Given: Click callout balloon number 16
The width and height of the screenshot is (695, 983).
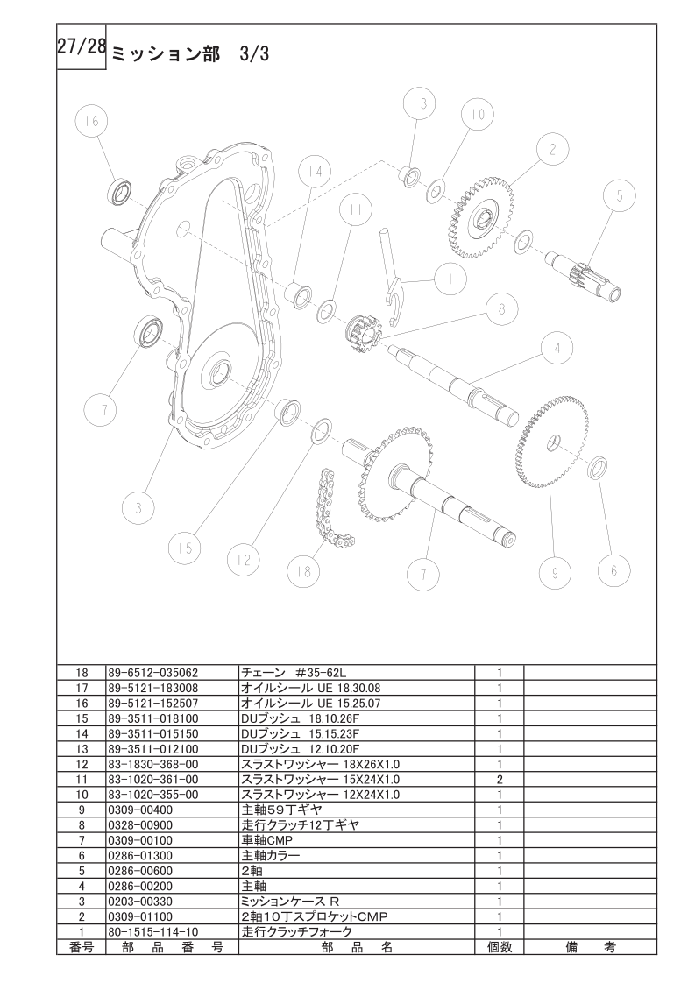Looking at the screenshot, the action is click(x=92, y=121).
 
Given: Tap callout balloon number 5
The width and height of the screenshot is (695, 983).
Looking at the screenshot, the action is click(x=619, y=195).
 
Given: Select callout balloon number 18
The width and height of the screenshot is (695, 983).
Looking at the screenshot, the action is click(x=303, y=571).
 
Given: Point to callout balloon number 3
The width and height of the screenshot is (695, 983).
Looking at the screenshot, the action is click(x=138, y=508).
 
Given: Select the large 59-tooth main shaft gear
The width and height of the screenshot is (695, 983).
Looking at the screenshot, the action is click(x=553, y=442).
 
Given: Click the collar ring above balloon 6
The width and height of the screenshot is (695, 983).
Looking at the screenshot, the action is click(x=599, y=467).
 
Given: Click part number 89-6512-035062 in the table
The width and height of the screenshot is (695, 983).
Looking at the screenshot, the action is click(x=153, y=674).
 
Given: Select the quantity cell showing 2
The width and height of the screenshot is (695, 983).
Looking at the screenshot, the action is click(x=500, y=780).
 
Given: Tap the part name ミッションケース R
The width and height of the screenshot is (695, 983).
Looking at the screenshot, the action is click(x=290, y=902).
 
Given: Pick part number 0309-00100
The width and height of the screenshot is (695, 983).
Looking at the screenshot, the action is click(x=140, y=841).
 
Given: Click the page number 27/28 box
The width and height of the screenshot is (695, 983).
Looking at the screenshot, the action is click(x=82, y=47).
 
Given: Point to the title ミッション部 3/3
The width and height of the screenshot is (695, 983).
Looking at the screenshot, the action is click(x=190, y=54).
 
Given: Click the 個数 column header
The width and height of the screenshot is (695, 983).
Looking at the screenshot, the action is click(x=500, y=947).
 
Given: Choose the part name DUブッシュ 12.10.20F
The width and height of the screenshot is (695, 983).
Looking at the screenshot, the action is click(x=301, y=749).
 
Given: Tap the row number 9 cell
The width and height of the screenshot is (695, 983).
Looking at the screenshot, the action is click(x=82, y=810).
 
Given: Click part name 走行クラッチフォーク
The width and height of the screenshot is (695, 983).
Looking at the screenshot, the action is click(x=297, y=932).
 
